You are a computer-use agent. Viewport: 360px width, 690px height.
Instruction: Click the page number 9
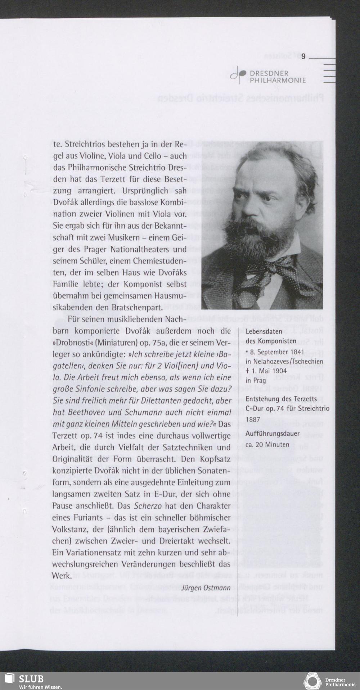(303, 56)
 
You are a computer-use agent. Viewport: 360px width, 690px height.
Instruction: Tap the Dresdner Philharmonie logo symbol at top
(238, 74)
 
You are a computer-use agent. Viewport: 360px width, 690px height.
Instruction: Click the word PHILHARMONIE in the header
(278, 80)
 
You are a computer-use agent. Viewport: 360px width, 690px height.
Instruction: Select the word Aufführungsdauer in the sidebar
(272, 433)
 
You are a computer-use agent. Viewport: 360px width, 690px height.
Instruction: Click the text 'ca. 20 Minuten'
(267, 444)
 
